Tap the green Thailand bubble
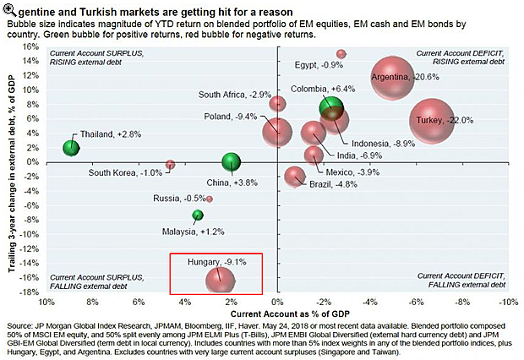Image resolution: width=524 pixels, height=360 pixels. [73, 148]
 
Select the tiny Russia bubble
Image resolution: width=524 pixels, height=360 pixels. [210, 199]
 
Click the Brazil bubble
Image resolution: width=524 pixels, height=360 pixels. [294, 176]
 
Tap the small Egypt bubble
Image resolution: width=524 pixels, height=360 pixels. [341, 54]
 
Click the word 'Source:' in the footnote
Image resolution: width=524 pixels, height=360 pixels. [21, 325]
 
